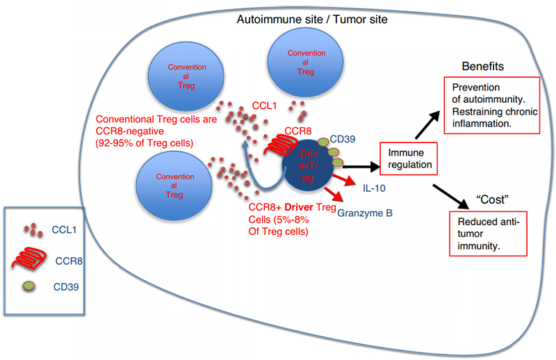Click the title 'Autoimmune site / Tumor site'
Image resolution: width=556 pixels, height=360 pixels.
pos(311,19)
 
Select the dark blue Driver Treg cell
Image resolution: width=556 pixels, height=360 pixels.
pos(308,166)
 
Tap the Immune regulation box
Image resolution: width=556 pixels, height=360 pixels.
pos(409,158)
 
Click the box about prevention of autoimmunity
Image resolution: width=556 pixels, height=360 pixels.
pos(492,106)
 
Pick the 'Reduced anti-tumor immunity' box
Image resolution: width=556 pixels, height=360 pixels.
pos(488,234)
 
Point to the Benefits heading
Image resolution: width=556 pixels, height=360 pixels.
pos(482,66)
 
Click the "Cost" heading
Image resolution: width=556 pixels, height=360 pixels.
pos(492,199)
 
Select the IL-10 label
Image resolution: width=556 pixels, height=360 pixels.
pos(374,188)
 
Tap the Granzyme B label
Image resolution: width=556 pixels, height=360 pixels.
pos(364,213)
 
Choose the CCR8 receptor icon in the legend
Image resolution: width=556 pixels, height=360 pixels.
pos(29,259)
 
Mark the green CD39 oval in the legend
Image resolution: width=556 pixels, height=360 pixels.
pos(28,286)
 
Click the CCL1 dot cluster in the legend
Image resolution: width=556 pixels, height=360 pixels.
pos(33,229)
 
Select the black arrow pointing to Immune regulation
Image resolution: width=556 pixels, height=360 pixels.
pos(361,166)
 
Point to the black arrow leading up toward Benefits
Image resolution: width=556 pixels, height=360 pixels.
pos(427,125)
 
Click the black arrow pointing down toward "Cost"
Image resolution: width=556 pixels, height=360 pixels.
pos(450,197)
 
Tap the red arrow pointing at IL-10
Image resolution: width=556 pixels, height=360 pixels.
pos(344,180)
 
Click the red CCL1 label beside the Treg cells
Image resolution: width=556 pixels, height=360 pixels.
pos(264,106)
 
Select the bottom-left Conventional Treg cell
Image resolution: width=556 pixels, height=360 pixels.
pos(174,186)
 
